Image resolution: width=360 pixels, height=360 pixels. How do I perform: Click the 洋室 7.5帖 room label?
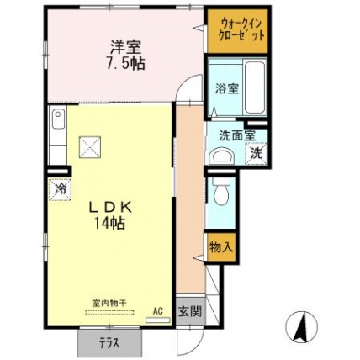point(124,56)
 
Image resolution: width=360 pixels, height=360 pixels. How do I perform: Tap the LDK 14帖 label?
point(109,215)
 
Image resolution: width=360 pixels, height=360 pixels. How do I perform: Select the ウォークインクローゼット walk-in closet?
point(238,31)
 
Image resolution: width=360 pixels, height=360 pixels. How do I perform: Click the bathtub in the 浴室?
point(255,87)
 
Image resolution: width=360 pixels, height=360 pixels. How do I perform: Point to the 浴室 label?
point(227,89)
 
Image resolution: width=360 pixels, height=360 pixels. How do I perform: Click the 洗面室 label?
point(237,135)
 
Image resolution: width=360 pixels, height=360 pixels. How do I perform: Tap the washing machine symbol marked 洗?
point(257,153)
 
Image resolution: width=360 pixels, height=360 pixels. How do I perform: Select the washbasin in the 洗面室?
point(223,156)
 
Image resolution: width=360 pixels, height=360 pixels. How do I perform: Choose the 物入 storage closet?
point(221,247)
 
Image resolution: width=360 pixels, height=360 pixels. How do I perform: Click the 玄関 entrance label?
point(191,311)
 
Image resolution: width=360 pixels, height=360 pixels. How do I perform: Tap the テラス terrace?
point(109,342)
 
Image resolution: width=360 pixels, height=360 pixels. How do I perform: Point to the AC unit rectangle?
point(158,320)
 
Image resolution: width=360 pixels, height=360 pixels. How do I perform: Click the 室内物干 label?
point(109,303)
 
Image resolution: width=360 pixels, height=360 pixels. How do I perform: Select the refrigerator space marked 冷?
point(60,189)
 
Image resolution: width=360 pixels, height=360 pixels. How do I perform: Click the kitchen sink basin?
point(58,119)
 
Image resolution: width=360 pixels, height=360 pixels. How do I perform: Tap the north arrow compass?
point(301,326)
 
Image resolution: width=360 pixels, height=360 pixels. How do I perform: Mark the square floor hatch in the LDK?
point(90,147)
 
